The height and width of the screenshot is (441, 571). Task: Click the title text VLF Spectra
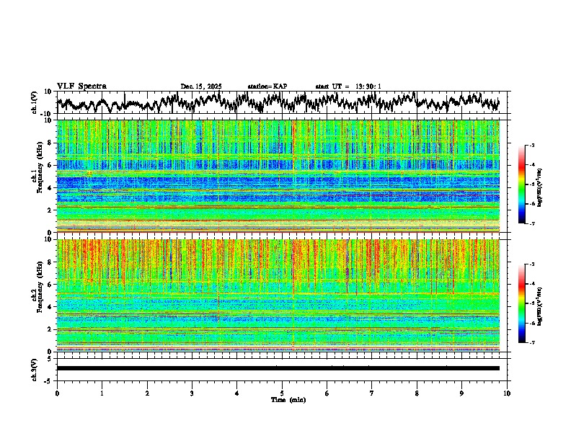[x=81, y=86]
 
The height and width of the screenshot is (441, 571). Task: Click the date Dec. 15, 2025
[x=201, y=86]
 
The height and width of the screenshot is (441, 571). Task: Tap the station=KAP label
[x=267, y=86]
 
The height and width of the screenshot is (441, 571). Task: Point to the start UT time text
[x=348, y=86]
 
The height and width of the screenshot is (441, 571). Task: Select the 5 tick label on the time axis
[x=282, y=393]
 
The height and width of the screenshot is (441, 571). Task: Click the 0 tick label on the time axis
[x=57, y=393]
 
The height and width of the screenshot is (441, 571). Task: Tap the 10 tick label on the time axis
[x=507, y=393]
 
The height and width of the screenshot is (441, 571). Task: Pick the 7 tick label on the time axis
[x=372, y=393]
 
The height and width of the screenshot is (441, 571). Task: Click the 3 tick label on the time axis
[x=192, y=393]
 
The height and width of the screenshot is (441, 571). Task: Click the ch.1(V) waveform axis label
[x=35, y=103]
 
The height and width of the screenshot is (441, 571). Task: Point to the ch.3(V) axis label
[x=35, y=368]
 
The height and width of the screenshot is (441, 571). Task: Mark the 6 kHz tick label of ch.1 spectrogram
[x=50, y=165]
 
